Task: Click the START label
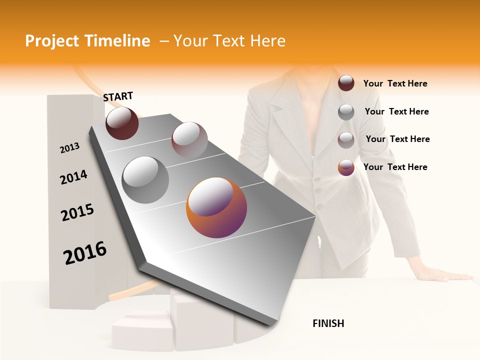[118, 96]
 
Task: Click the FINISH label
[328, 323]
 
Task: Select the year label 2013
[69, 147]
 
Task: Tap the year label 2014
[73, 177]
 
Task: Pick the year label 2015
[77, 212]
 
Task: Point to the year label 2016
[85, 253]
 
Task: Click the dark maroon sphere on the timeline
[122, 123]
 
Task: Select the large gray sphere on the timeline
[145, 180]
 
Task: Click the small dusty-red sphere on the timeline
[189, 140]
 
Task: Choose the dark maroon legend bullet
[346, 83]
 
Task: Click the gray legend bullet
[346, 112]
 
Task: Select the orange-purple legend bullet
[346, 167]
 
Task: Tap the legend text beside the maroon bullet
[395, 83]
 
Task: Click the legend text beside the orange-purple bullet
[395, 167]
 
